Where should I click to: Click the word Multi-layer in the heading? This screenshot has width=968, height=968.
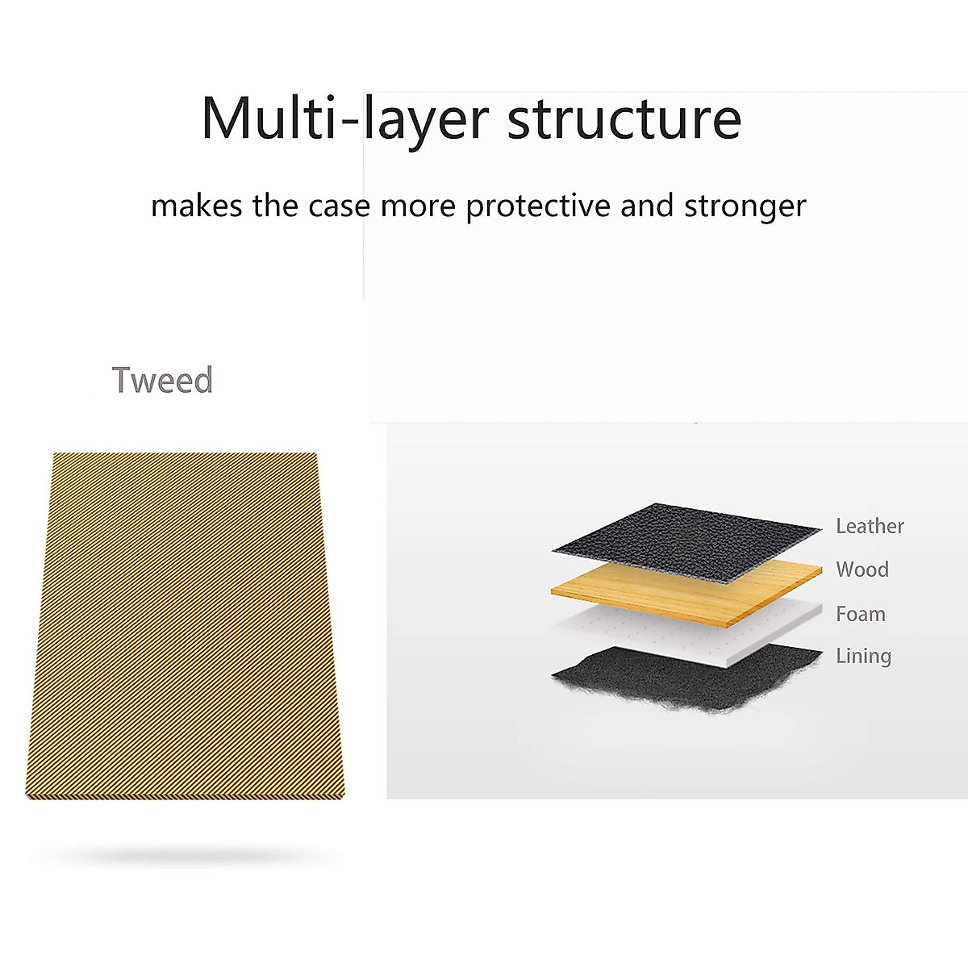345,120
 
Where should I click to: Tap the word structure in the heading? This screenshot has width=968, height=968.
624,119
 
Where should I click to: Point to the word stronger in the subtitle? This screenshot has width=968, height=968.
745,207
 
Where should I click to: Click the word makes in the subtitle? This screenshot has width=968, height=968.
196,206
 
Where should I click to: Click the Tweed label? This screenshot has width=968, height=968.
162,380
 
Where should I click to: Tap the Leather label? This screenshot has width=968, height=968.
870,526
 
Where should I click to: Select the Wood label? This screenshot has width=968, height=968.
862,570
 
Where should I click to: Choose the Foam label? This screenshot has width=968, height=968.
861,614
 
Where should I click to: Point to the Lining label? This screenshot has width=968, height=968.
863,656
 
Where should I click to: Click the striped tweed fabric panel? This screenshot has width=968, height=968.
186,625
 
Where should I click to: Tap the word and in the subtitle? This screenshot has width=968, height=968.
646,206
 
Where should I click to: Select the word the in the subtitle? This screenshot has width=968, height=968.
275,206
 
